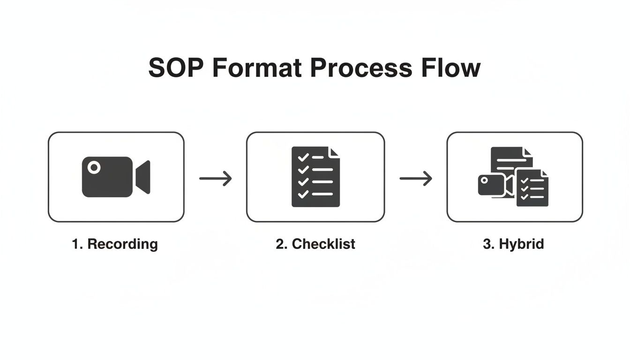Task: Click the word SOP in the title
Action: (x=176, y=68)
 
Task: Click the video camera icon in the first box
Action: (x=116, y=177)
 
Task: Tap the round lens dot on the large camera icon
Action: (x=94, y=167)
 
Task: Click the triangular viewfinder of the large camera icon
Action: (x=143, y=177)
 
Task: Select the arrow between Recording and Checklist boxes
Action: (x=216, y=178)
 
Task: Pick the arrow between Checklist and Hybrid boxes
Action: (x=415, y=178)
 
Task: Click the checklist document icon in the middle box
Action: (x=315, y=177)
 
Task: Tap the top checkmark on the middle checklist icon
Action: (x=303, y=157)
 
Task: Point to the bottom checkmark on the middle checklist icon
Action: (x=303, y=193)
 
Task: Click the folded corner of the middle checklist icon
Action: (x=335, y=152)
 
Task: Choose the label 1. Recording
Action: (x=115, y=244)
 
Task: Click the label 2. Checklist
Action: (x=315, y=244)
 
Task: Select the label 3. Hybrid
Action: (x=513, y=244)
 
